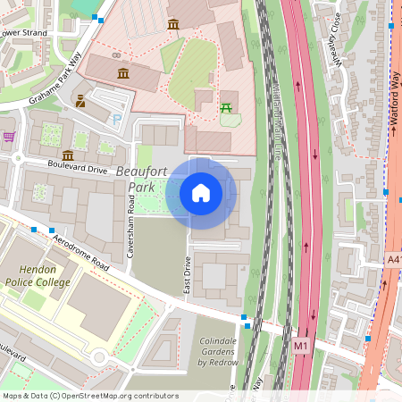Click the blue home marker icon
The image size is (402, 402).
201,192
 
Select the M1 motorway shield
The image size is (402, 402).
300,344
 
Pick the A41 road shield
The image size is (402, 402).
394,259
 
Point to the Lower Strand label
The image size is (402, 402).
22,33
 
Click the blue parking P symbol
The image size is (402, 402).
116,119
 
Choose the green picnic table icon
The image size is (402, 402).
226,107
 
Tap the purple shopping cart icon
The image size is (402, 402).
9,137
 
